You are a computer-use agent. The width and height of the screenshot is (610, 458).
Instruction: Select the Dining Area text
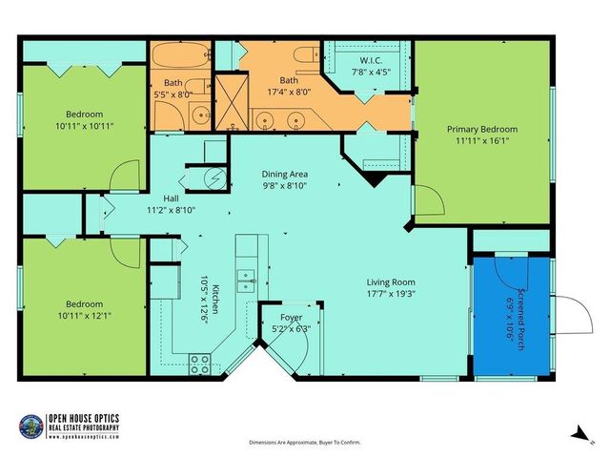pyautogui.click(x=285, y=174)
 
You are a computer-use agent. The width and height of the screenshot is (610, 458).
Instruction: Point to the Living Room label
pyautogui.click(x=391, y=281)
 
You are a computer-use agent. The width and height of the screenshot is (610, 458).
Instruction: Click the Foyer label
pyautogui.click(x=291, y=317)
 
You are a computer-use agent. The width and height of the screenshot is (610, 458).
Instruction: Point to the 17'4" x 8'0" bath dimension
pyautogui.click(x=289, y=93)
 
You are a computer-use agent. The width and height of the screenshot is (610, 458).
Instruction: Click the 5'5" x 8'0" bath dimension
pyautogui.click(x=173, y=94)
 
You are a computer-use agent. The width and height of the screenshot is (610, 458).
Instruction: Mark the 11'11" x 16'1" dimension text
pyautogui.click(x=482, y=141)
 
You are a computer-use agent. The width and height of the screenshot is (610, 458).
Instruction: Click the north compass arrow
pyautogui.click(x=577, y=432)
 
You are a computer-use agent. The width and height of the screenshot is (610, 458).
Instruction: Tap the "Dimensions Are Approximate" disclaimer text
pyautogui.click(x=305, y=443)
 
